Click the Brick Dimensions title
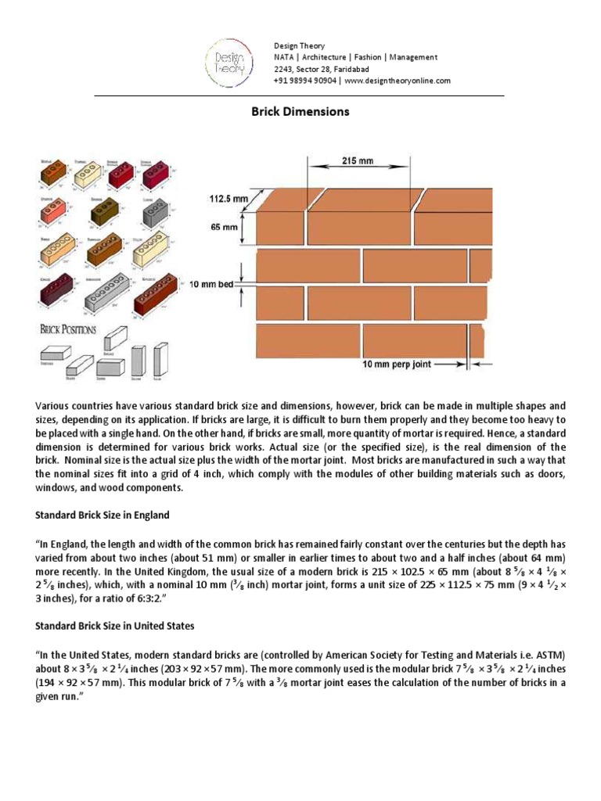[300, 111]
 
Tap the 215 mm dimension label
[357, 160]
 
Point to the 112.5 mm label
[226, 199]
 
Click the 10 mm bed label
[211, 285]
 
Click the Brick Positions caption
[68, 329]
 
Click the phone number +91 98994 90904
[306, 81]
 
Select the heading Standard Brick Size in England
[103, 515]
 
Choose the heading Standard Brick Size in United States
[115, 626]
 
